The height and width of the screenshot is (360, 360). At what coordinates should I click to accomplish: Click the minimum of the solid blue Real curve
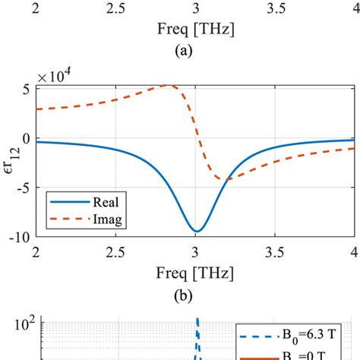pos(196,231)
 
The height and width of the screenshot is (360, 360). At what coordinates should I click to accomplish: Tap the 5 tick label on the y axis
pos(27,88)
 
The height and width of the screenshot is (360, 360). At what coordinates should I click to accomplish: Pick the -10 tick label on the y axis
pos(21,236)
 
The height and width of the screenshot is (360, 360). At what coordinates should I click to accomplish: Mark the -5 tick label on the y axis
pos(24,187)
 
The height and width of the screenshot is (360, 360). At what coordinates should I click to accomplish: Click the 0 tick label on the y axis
pos(27,137)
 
